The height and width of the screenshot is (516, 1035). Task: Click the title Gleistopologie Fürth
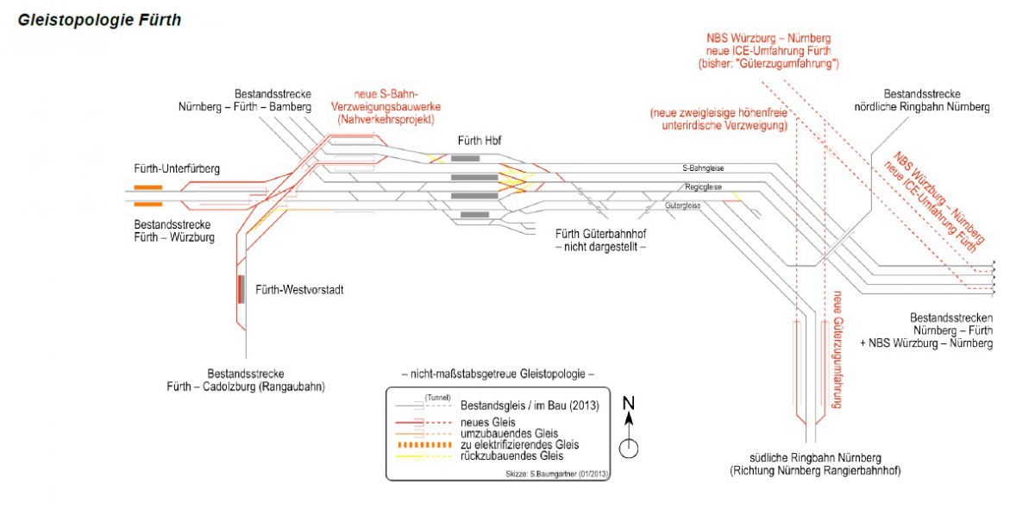click(99, 20)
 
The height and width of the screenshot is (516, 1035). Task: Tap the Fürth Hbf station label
click(480, 141)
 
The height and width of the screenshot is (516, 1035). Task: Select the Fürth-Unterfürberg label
click(177, 169)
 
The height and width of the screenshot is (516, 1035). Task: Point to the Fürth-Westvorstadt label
click(299, 290)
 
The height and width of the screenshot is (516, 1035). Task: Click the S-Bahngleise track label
click(701, 169)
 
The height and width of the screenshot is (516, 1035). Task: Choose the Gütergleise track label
click(683, 206)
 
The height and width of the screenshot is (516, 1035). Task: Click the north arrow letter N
click(629, 403)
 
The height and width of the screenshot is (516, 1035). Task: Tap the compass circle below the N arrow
click(629, 448)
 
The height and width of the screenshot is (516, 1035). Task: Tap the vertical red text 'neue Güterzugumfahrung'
click(836, 350)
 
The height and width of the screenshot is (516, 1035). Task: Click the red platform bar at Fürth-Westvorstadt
click(241, 288)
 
